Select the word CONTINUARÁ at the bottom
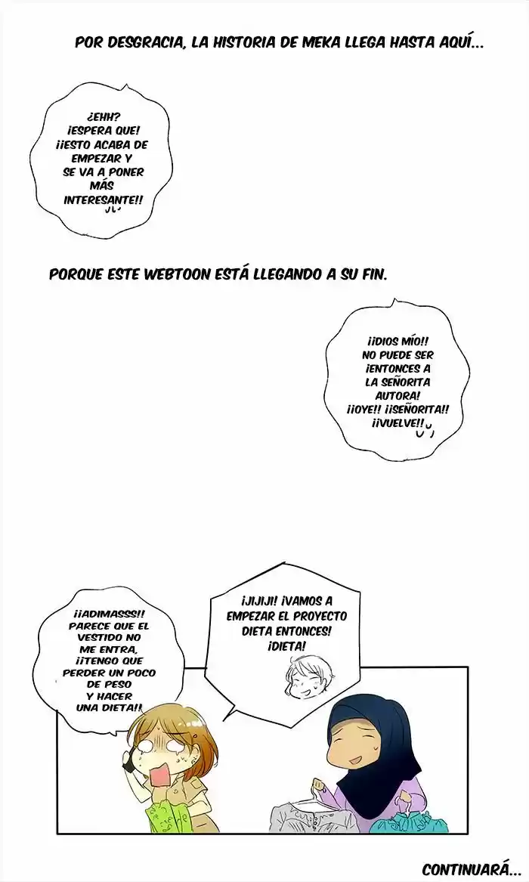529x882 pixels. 464,869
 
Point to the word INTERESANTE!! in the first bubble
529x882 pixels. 104,200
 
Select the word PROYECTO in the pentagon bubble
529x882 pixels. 320,615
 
